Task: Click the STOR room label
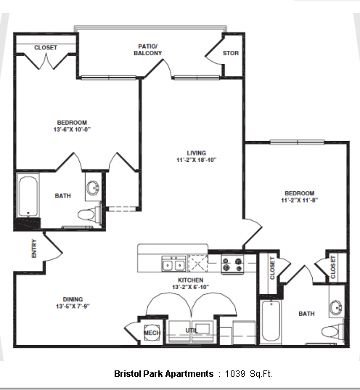click(231, 53)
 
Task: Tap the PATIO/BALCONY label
click(147, 49)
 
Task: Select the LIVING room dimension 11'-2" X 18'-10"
click(197, 160)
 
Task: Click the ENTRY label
click(34, 248)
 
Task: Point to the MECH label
click(152, 333)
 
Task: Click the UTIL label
click(192, 330)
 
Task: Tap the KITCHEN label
click(191, 280)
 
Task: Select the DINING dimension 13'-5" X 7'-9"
click(73, 306)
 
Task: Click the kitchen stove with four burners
click(232, 264)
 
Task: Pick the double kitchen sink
click(173, 264)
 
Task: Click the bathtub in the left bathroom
click(28, 196)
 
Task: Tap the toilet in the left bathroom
click(89, 214)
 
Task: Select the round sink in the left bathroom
click(94, 188)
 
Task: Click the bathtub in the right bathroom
click(271, 322)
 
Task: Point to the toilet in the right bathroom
click(332, 331)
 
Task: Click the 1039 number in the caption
click(235, 374)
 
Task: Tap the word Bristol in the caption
click(127, 374)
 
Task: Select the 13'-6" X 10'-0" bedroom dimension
click(72, 129)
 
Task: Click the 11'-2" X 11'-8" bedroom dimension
click(300, 200)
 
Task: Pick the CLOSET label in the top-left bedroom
click(46, 47)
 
